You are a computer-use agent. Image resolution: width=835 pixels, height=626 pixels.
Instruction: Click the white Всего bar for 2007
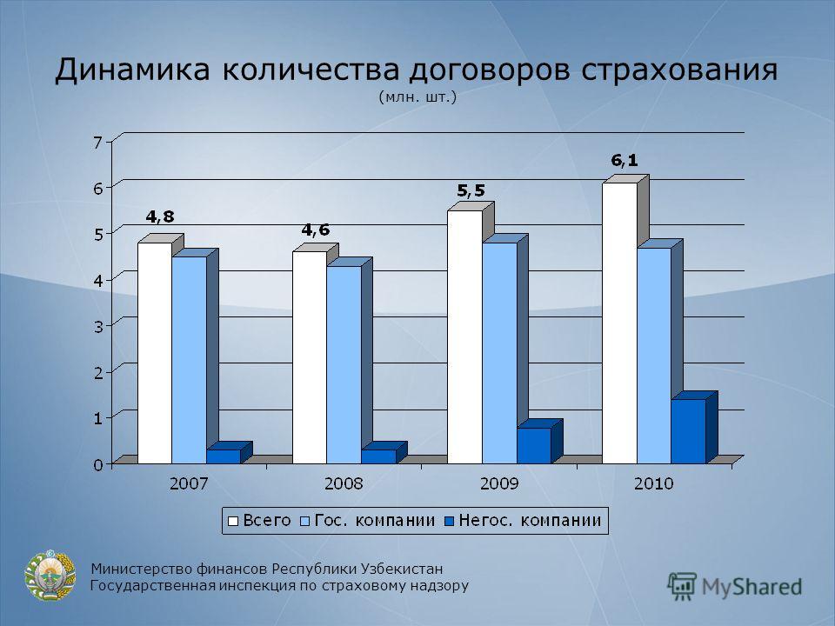(155, 353)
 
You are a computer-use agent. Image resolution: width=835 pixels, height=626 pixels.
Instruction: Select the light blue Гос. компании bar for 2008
(344, 364)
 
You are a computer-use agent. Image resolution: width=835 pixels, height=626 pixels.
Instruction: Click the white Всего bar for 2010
(619, 323)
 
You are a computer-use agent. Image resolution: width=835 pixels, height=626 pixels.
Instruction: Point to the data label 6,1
(625, 160)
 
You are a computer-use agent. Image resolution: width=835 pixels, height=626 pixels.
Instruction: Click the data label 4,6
(316, 230)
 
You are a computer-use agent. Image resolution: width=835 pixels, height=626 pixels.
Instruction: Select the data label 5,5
(471, 190)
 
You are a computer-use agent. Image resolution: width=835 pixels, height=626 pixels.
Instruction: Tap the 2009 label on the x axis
(499, 483)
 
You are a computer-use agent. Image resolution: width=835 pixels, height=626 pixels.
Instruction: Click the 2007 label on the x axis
(189, 483)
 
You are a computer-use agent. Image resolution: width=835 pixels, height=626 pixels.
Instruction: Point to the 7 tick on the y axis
(97, 142)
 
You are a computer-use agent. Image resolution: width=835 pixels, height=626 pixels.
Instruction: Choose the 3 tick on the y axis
(98, 326)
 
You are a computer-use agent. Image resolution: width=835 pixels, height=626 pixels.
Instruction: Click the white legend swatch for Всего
(233, 521)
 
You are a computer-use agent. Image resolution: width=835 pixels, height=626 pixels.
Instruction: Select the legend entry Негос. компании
(524, 520)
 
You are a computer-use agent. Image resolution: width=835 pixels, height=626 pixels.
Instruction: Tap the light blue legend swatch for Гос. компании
(305, 521)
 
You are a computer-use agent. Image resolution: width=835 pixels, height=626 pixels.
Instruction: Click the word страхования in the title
(679, 70)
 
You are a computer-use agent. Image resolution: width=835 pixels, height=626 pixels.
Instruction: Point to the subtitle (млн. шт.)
(417, 97)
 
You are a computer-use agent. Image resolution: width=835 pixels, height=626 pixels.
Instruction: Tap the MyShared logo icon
(682, 587)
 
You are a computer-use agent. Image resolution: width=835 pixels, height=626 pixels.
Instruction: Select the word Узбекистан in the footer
(402, 569)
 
